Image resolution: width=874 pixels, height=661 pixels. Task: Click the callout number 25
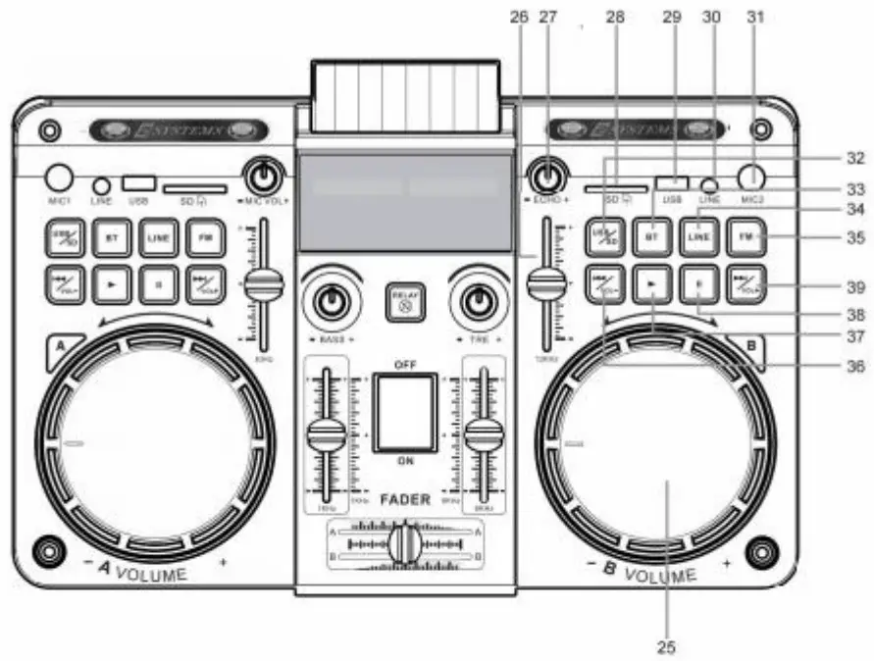point(667,646)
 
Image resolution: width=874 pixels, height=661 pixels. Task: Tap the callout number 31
point(754,16)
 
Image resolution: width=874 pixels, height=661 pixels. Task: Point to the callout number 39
point(856,287)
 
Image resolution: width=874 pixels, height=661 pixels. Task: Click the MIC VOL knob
point(262,177)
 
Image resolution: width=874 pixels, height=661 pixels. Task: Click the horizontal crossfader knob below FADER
point(404,543)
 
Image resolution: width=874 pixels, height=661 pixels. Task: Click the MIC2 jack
point(753,177)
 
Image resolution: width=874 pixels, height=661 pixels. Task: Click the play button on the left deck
point(113,284)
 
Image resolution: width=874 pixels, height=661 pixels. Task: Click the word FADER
point(405,499)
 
